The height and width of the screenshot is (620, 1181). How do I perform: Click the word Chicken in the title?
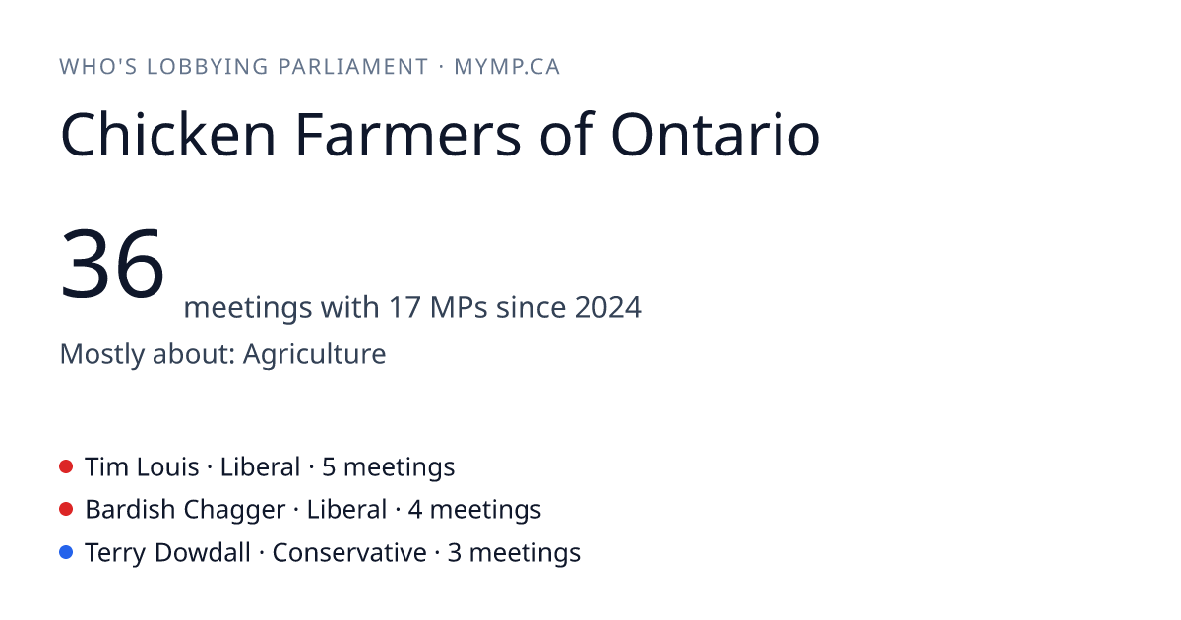168,135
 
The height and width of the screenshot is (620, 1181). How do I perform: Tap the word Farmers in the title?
408,135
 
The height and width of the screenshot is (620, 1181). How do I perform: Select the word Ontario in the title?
715,135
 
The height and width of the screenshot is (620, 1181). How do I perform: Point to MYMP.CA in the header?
507,67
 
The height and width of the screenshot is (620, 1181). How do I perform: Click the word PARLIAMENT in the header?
353,67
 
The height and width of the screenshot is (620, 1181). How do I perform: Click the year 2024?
608,307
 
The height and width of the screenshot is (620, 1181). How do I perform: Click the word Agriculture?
314,354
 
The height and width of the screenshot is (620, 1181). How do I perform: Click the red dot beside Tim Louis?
66,466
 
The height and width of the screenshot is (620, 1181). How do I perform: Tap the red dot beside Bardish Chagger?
66,510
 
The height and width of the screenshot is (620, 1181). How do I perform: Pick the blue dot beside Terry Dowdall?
66,552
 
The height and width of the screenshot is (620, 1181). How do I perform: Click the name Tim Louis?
142,467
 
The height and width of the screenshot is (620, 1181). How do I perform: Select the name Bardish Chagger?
185,511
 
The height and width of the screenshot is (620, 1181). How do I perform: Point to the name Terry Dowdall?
167,553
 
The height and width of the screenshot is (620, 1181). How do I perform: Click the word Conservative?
349,553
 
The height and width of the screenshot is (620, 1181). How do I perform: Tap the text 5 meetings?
388,467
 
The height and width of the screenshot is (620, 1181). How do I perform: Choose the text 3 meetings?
514,553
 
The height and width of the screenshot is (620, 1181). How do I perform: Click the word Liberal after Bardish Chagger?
346,510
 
